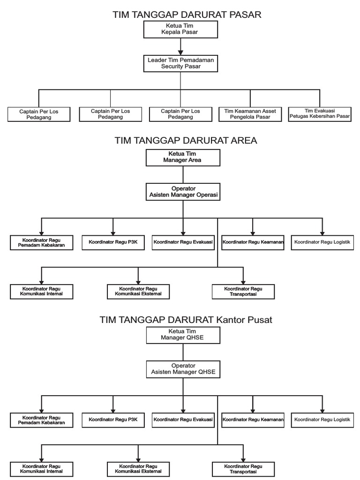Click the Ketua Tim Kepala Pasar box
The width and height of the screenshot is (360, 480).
(180, 29)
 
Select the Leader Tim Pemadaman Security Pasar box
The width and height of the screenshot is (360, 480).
(180, 63)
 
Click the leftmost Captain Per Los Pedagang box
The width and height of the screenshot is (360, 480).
(39, 114)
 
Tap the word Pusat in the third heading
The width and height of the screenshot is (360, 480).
(257, 320)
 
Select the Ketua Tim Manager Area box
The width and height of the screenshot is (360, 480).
(183, 157)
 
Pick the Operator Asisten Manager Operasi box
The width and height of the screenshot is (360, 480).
(183, 192)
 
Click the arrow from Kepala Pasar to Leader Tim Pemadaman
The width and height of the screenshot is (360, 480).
(180, 46)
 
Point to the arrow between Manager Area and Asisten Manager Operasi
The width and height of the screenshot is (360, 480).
(183, 174)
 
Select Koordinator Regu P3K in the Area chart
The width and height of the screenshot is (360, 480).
(113, 242)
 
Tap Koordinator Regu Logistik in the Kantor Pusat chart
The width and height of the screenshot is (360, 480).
(322, 420)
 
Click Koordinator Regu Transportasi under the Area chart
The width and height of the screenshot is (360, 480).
(243, 292)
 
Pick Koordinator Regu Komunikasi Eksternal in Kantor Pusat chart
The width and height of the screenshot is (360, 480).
(138, 469)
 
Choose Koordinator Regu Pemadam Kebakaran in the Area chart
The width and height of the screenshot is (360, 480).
(41, 242)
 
